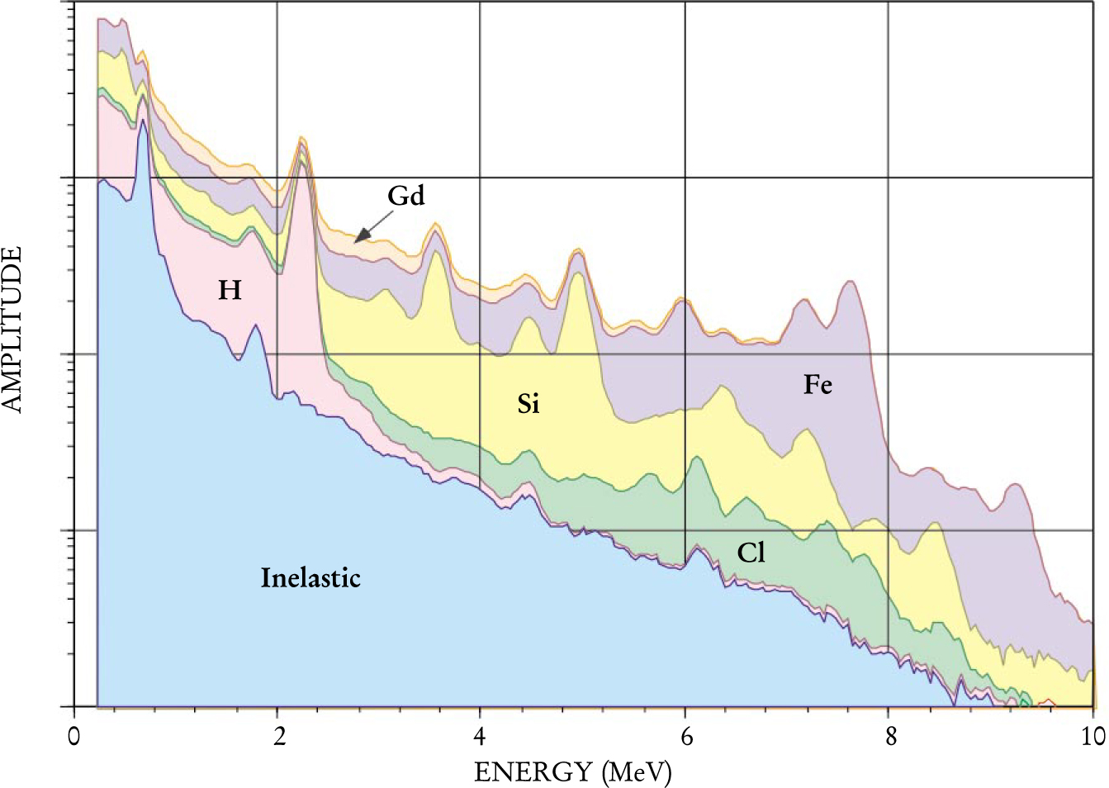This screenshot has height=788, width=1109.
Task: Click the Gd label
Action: (x=406, y=196)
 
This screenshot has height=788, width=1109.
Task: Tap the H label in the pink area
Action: (x=230, y=290)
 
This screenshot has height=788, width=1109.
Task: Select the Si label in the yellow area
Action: (x=528, y=403)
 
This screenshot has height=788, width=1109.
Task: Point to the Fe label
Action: (x=818, y=384)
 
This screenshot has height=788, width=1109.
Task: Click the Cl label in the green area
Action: (x=751, y=553)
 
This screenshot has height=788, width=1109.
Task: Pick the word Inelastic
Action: (x=310, y=577)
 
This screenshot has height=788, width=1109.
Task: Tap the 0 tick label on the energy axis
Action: (x=74, y=735)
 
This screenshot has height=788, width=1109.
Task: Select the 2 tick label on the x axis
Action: (x=278, y=735)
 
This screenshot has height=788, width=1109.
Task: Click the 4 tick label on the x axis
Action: (x=481, y=735)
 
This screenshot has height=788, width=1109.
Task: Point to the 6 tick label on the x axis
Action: (x=685, y=735)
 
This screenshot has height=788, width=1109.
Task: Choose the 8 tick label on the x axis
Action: (x=889, y=735)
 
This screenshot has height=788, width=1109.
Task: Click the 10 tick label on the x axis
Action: (x=1092, y=735)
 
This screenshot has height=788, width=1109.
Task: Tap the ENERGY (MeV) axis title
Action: (x=573, y=771)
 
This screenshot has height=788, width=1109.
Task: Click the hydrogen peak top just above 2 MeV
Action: (x=302, y=162)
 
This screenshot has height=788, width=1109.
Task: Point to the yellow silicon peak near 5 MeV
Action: (x=578, y=276)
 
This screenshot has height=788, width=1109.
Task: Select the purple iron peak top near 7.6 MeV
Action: (x=848, y=283)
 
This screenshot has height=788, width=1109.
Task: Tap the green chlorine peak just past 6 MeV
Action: (x=699, y=459)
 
